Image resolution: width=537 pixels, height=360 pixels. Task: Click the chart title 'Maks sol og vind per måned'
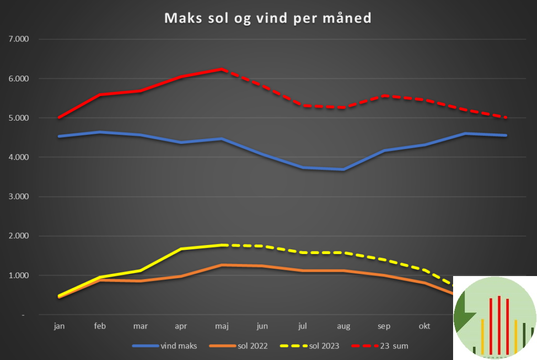pos(268,18)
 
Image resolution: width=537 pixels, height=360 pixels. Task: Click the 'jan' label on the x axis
pos(59,326)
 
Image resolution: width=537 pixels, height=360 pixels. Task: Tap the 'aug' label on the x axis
pos(343,326)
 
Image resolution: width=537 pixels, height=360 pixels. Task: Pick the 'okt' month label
pos(425,326)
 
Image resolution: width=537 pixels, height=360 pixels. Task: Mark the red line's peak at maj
pos(222,69)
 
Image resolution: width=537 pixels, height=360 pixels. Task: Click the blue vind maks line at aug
pos(343,170)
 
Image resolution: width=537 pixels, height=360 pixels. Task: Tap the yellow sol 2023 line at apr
pos(181,249)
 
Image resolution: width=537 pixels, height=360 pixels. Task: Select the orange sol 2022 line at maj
pos(222,265)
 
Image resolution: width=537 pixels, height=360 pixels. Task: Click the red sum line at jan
pos(60,118)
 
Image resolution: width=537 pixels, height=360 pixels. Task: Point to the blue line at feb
pos(100,132)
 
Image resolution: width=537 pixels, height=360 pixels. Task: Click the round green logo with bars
pos(495,318)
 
